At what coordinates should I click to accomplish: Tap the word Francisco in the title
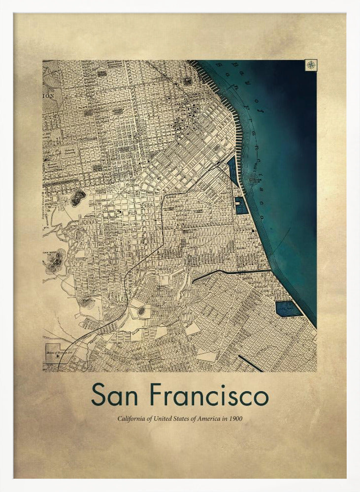pos(209,395)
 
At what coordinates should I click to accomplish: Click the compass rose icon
pos(311,65)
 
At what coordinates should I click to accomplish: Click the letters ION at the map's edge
pos(48,96)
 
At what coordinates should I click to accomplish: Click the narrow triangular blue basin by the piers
pos(233,170)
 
